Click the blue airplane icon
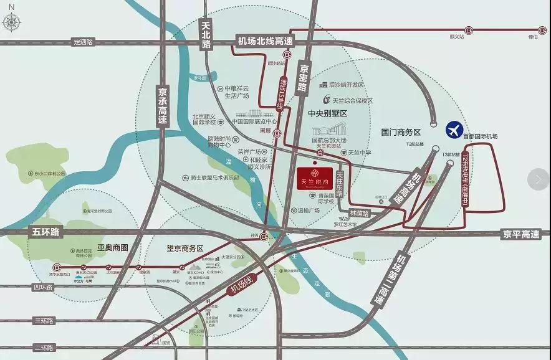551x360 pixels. [455, 130]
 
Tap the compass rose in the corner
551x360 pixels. [12, 22]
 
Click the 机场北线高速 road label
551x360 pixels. [265, 41]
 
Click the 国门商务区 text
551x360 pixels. [401, 132]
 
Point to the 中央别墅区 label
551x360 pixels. [327, 114]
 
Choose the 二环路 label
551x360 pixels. [44, 346]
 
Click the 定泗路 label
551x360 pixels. [82, 42]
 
